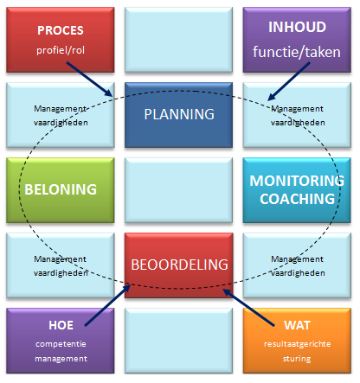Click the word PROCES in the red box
coord(61,30)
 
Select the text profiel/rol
coord(61,50)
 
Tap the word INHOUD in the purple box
coord(297,27)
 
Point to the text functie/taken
coord(297,52)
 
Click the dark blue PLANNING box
coord(178,115)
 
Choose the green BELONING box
coord(61,190)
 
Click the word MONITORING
coord(297,181)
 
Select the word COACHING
coord(297,199)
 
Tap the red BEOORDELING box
coord(178,265)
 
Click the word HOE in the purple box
coord(61,325)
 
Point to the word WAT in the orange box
coord(297,325)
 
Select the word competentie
coord(61,344)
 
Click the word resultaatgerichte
coord(297,344)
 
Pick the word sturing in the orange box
coord(297,359)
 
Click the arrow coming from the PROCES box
coord(89,79)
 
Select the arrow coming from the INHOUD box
coord(288,81)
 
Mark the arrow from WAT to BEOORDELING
coord(248,308)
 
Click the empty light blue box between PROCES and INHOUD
coord(178,40)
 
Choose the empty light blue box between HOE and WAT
coord(178,341)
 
